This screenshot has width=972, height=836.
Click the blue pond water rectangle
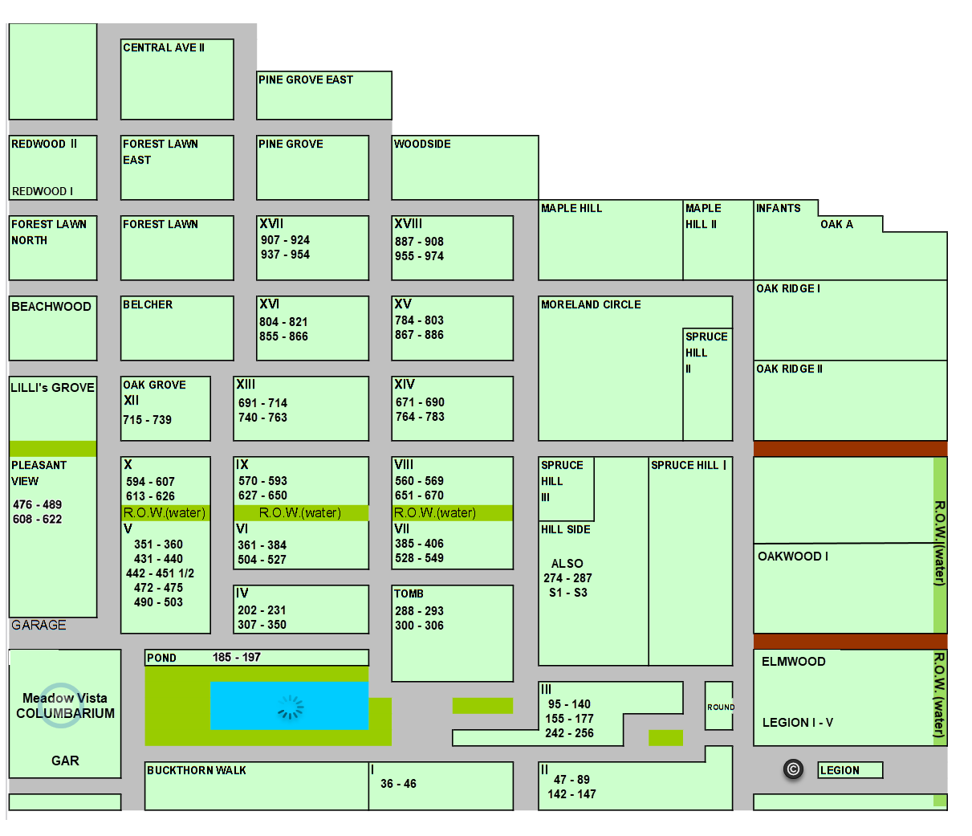(x=289, y=705)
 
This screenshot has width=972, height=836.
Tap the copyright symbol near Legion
(x=793, y=769)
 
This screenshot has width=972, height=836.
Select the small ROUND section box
(x=718, y=705)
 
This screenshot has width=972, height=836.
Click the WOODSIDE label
(x=422, y=144)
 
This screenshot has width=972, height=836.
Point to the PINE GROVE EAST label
(x=306, y=80)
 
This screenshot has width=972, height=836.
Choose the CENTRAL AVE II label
(x=163, y=47)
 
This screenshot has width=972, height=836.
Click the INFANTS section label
(x=778, y=208)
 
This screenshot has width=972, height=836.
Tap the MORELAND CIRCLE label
(x=591, y=304)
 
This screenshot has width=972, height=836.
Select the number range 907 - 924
(x=285, y=240)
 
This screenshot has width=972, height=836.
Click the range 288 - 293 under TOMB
(x=419, y=610)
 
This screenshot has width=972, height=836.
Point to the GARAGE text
(x=39, y=625)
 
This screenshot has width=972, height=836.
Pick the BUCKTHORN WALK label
(x=196, y=770)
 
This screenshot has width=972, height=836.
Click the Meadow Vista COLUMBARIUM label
(x=65, y=705)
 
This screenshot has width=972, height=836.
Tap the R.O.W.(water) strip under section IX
(x=301, y=512)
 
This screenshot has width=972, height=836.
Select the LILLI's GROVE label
(x=52, y=388)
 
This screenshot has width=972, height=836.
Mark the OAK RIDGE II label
(x=789, y=369)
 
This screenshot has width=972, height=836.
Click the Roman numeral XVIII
(x=408, y=223)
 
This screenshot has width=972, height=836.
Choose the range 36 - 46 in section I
(x=398, y=783)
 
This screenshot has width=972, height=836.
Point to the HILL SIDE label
(x=565, y=529)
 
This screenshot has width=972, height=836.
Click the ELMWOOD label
(x=793, y=662)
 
